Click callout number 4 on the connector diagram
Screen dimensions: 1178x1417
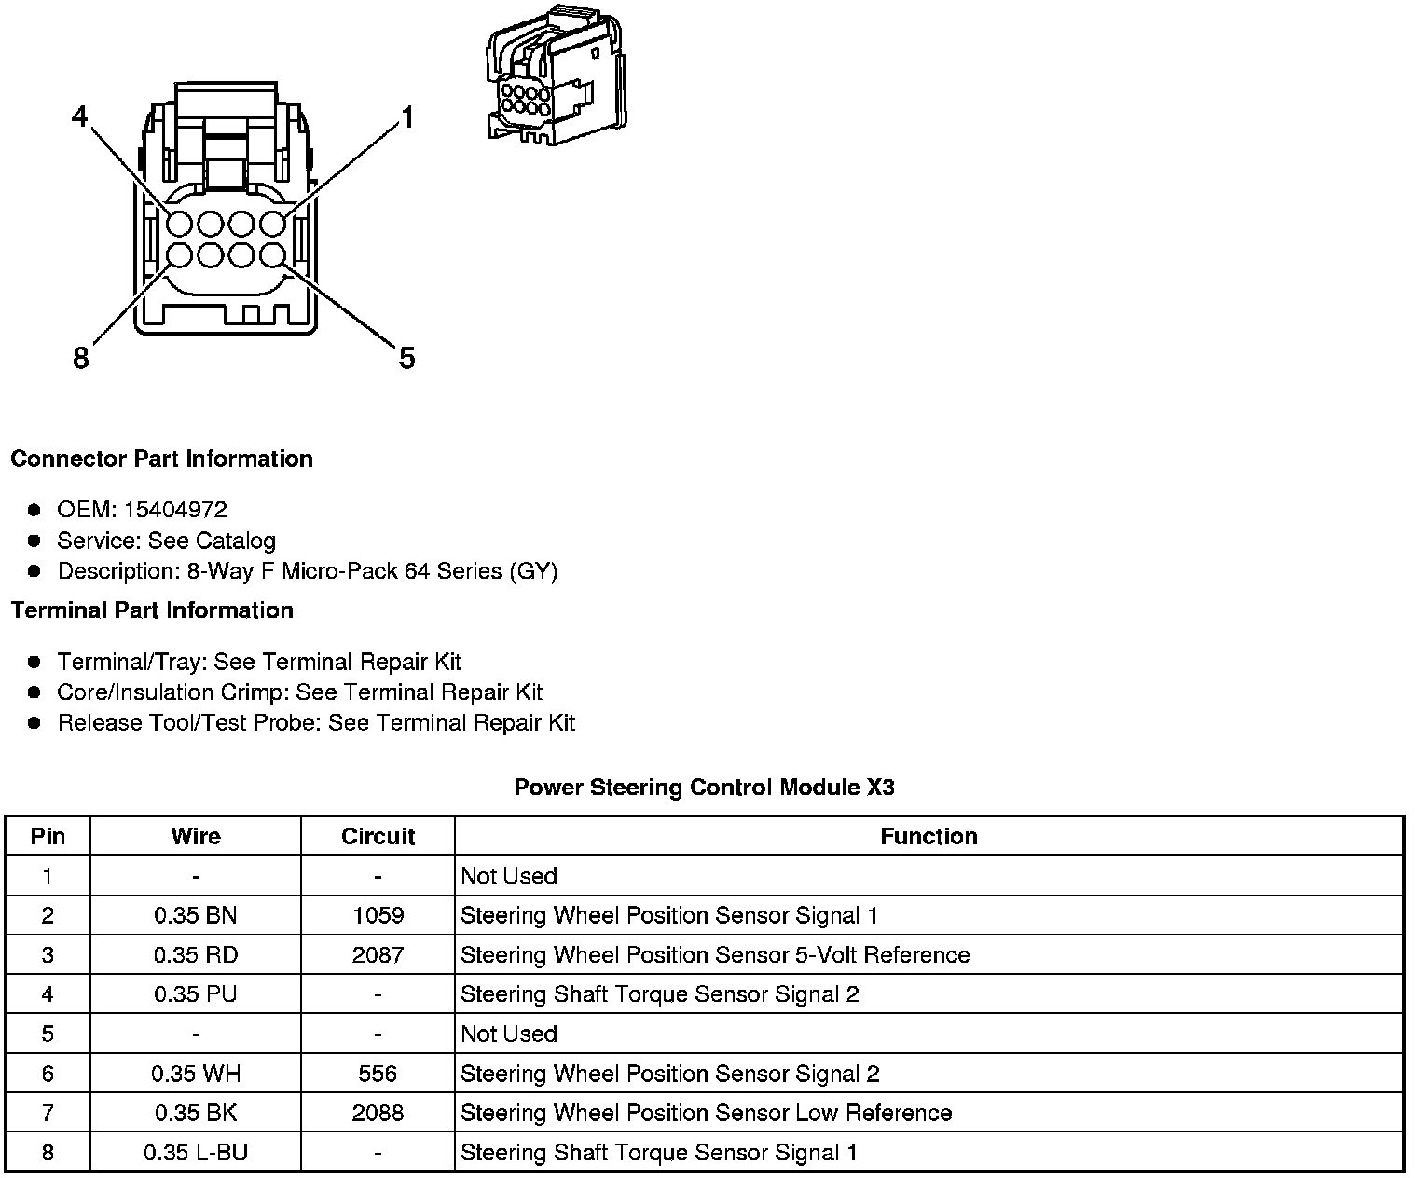pos(80,116)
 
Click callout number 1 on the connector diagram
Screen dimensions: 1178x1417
pos(406,117)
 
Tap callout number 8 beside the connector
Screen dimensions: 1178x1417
pos(81,357)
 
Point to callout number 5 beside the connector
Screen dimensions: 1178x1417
pos(406,358)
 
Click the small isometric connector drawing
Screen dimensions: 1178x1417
pos(553,77)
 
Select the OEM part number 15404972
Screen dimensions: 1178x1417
pos(175,510)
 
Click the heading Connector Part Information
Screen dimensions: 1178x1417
pos(161,459)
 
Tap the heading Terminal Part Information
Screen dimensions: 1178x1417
pos(152,610)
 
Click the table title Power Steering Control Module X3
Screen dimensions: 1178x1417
pos(704,788)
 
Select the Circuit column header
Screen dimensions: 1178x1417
pos(378,836)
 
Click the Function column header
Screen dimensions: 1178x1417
pos(929,836)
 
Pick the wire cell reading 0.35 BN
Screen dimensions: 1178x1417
pos(196,915)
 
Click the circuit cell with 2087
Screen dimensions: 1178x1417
pos(378,955)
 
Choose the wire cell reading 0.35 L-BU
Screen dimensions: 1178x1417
pos(196,1153)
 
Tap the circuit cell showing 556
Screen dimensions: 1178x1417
pos(378,1074)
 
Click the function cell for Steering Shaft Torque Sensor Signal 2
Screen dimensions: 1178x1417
pos(660,994)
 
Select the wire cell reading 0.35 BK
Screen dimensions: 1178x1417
pos(196,1113)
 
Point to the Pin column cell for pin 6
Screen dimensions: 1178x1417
pos(48,1074)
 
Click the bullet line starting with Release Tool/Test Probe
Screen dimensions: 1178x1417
pos(316,723)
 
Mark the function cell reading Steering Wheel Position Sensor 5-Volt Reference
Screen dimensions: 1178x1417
pos(715,955)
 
